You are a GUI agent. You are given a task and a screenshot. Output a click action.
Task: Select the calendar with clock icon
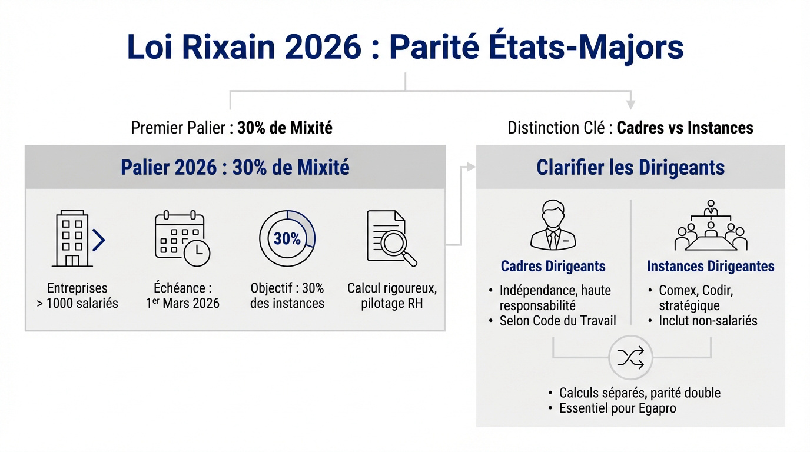pos(182,239)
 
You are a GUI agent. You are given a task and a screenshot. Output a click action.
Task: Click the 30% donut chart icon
pos(287,238)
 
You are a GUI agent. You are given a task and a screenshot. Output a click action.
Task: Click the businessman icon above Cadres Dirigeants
pos(553,225)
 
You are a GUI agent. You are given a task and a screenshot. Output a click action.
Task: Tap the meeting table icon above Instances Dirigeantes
pos(711,227)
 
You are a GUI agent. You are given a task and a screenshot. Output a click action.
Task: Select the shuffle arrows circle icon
pos(631,357)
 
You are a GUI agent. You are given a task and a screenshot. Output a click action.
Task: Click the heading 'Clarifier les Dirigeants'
pos(630,167)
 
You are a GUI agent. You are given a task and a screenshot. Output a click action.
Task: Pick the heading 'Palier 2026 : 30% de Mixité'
pos(235,167)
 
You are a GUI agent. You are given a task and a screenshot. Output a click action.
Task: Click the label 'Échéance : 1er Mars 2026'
pos(182,296)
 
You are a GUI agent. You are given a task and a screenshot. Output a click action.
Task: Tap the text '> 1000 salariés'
pos(81,304)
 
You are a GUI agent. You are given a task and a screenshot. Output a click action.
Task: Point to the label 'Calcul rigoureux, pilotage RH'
pos(391,296)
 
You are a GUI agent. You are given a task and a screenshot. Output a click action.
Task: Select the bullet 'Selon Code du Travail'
pos(557,321)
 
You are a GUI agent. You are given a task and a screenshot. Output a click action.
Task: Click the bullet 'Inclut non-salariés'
pos(708,321)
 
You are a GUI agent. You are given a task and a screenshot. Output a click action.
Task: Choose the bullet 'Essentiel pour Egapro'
pos(618,408)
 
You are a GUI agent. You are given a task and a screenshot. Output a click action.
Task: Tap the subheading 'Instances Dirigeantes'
pos(711,266)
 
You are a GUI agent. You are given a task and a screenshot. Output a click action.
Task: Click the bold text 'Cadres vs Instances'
pos(685,128)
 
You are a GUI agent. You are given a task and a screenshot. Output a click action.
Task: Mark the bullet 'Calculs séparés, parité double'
pos(639,393)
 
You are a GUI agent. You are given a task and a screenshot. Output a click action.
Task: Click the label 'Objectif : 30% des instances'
pos(287,296)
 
